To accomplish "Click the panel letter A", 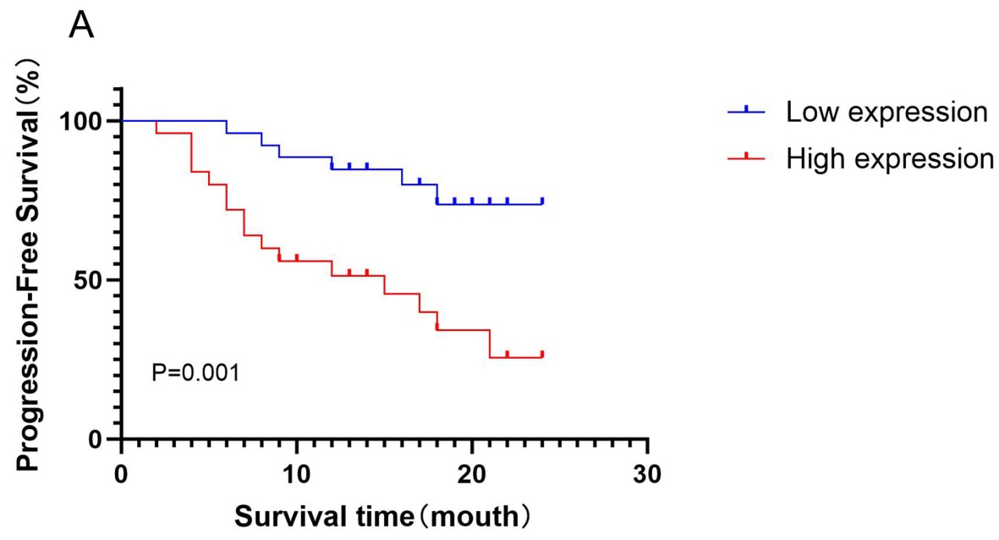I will click(81, 28).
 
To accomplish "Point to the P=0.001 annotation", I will click(195, 372).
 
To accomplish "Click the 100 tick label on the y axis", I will click(85, 121).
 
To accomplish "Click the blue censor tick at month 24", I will click(541, 201).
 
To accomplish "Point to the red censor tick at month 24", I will click(541, 354).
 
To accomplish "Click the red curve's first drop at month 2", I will click(156, 127).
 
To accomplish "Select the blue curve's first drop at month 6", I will click(227, 127).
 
